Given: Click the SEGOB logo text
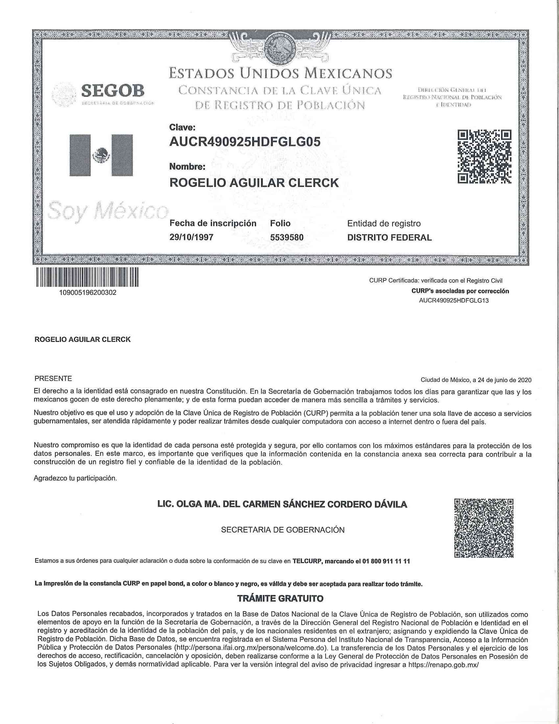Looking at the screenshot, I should tap(112, 90).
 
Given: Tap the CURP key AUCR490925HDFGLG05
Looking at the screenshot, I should tap(245, 142).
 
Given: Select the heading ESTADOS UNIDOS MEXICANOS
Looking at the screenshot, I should tap(280, 73).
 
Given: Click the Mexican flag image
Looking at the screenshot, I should tap(101, 155).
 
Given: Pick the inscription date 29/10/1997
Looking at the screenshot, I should tap(191, 237).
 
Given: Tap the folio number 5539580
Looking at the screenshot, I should tap(287, 237).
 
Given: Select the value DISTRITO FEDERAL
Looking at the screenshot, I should tap(389, 237).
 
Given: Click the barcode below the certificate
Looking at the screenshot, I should tap(87, 277).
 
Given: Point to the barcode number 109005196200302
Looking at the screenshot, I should tap(87, 293).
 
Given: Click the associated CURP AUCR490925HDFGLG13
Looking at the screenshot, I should tap(454, 301).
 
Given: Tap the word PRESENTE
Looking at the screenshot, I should tap(53, 378).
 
